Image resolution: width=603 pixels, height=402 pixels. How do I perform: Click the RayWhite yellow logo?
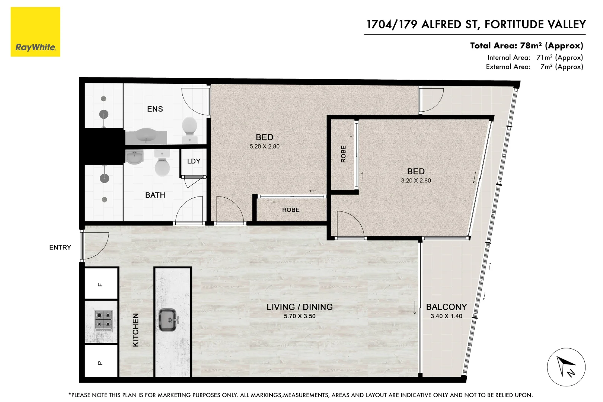35,32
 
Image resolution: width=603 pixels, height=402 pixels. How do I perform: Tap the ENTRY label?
60,248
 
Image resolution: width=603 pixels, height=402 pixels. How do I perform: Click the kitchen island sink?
168,320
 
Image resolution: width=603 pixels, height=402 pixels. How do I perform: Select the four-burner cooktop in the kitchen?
103,320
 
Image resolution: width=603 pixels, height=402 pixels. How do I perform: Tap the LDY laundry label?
194,161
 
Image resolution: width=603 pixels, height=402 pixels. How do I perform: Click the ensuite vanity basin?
146,135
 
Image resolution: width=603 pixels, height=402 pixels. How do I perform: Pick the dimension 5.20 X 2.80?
264,147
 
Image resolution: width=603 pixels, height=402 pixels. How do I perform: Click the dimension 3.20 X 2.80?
416,181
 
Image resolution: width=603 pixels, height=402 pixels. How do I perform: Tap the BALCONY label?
446,307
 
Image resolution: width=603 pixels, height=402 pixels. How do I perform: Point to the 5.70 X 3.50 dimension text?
300,316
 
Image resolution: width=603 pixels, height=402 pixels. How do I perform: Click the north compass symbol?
566,367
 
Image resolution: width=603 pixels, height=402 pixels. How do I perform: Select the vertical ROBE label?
344,154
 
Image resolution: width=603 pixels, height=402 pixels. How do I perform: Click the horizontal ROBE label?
291,210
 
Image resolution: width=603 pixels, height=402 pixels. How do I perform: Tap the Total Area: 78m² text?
526,46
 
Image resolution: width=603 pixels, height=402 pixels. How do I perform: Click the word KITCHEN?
135,330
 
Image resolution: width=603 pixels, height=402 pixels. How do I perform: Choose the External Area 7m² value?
561,67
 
